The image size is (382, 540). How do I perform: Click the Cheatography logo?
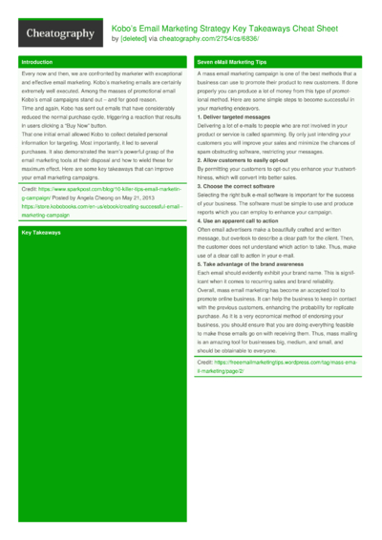pyautogui.click(x=60, y=33)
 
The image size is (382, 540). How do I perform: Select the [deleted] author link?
pyautogui.click(x=131, y=39)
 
